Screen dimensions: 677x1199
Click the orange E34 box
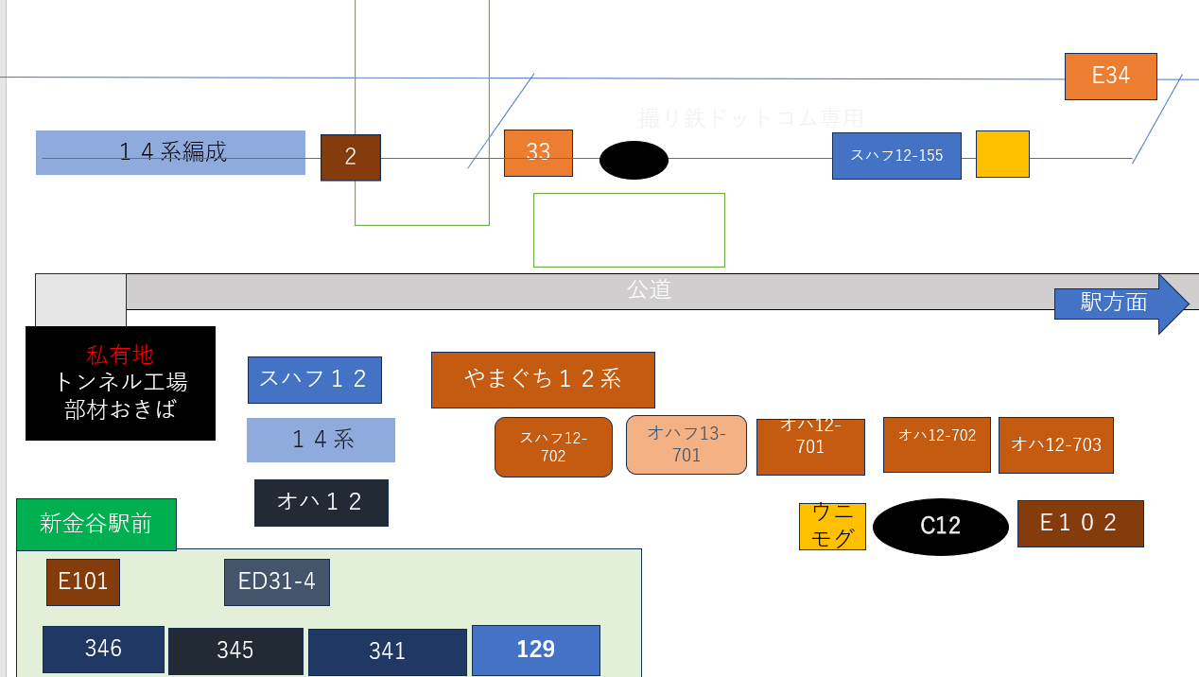(x=1110, y=77)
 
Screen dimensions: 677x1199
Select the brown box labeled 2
(x=350, y=158)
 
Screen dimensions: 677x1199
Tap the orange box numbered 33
(x=538, y=153)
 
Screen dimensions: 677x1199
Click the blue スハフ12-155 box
(x=896, y=156)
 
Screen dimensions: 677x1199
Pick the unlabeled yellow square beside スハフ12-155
(x=1002, y=154)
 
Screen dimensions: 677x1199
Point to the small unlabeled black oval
(x=634, y=160)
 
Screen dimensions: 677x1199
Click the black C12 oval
(x=940, y=527)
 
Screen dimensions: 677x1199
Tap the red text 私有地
(x=120, y=356)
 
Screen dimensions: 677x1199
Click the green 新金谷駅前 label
(x=96, y=524)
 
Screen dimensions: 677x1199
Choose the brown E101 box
(x=83, y=582)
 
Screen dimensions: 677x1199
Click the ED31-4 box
(x=277, y=582)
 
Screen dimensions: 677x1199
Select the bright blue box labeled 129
(x=535, y=651)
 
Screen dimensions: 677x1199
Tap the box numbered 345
(x=235, y=651)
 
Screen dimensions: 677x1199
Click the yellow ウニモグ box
(x=832, y=527)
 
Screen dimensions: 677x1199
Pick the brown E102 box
(x=1080, y=524)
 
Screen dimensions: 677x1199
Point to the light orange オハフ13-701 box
(x=686, y=444)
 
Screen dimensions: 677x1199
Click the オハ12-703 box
(x=1055, y=444)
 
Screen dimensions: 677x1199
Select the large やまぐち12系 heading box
(x=543, y=380)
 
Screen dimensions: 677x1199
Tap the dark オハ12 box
(x=321, y=503)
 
